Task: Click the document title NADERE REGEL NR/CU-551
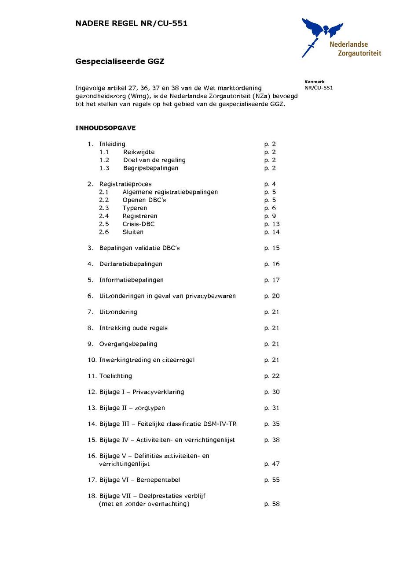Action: (x=131, y=23)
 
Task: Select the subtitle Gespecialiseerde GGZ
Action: (x=120, y=62)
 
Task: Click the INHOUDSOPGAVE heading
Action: (x=106, y=128)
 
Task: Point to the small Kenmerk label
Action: (x=314, y=82)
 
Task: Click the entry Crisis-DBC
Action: (x=139, y=224)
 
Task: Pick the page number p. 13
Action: (x=271, y=224)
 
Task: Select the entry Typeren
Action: (x=135, y=208)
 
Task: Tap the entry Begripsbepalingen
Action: (x=150, y=168)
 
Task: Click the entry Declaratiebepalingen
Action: (x=131, y=264)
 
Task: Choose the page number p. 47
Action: (x=271, y=464)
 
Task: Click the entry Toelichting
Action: (x=115, y=376)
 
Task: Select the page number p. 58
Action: (x=271, y=504)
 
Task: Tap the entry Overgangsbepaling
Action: (x=128, y=344)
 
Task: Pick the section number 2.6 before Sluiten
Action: (x=104, y=232)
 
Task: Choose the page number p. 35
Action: (x=271, y=424)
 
